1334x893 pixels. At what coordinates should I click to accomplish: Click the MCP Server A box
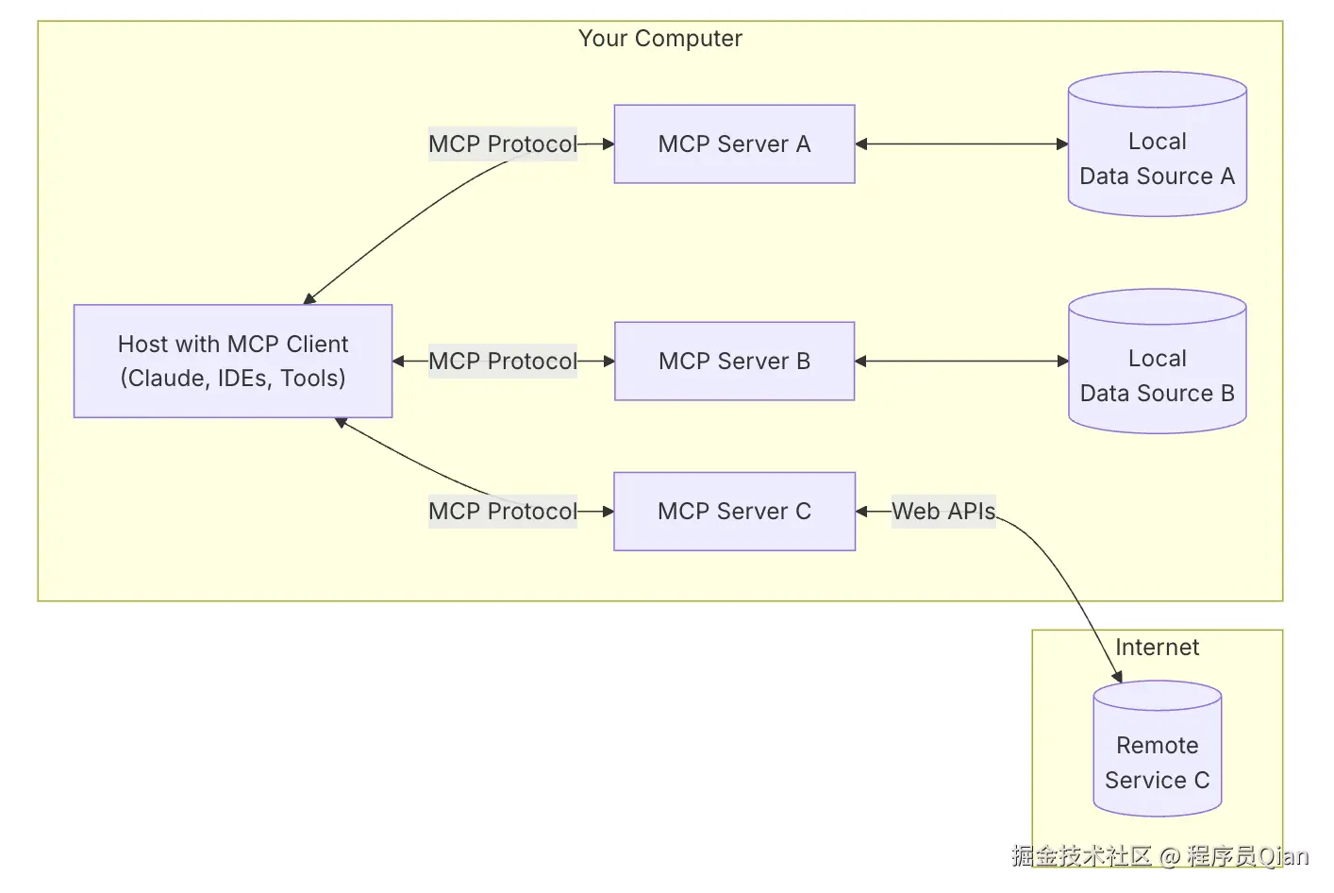[x=734, y=143]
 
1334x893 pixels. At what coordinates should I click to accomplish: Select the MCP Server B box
[x=734, y=361]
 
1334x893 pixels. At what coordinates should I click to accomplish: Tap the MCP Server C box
[x=734, y=511]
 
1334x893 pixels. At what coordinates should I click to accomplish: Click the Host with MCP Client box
[x=233, y=361]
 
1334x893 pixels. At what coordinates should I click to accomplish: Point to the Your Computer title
[x=660, y=39]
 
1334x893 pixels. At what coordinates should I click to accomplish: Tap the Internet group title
[x=1157, y=648]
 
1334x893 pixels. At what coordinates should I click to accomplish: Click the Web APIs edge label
[x=943, y=511]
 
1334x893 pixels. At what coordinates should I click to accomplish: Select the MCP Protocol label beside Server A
[x=502, y=143]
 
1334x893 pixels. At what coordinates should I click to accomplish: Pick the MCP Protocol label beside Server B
[x=502, y=361]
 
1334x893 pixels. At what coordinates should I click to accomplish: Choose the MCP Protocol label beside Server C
[x=502, y=511]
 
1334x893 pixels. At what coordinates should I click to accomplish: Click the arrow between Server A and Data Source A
[x=961, y=143]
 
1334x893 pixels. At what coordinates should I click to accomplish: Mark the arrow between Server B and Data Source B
[x=961, y=361]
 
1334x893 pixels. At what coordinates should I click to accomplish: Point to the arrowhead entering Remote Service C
[x=1118, y=676]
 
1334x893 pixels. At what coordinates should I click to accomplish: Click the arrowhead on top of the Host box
[x=308, y=299]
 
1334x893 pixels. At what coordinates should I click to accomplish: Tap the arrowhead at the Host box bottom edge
[x=341, y=422]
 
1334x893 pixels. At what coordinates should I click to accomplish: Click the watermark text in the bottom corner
[x=1159, y=856]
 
